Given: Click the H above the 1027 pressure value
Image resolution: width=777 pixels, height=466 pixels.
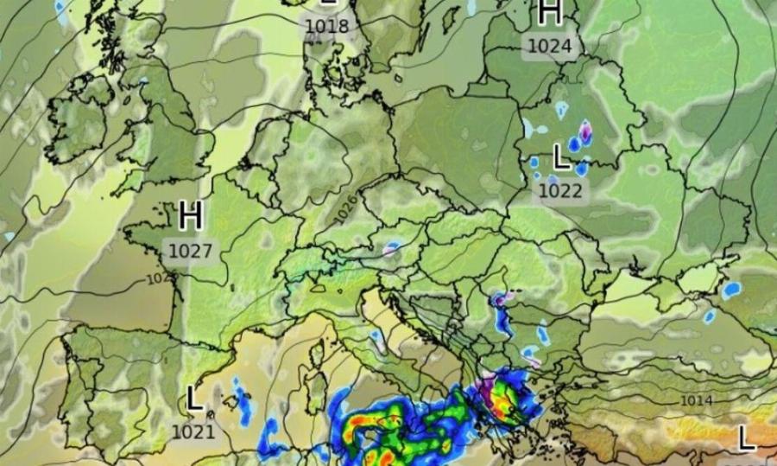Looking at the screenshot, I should (x=191, y=216).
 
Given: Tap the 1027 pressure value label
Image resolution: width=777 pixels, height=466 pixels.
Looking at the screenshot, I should (x=190, y=251).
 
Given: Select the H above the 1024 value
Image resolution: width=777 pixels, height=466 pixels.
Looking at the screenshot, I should (x=550, y=13).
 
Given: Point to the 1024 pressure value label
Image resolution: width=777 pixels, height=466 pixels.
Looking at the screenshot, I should (x=549, y=46).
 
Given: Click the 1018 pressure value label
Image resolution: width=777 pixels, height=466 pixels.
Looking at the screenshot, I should (x=326, y=26).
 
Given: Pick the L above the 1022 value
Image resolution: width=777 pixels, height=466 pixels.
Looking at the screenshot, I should (x=560, y=157).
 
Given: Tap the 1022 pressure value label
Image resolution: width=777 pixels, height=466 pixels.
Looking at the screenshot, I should (x=559, y=190).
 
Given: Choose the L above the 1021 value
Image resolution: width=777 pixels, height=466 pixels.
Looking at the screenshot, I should (x=193, y=399).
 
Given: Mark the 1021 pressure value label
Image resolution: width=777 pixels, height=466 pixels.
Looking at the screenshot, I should (x=193, y=430).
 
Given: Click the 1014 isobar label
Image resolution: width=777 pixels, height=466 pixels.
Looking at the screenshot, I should (x=696, y=400).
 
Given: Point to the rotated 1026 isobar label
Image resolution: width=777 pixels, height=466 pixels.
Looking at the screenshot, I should (x=347, y=206).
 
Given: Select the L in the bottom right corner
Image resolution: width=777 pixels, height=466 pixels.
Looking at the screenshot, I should (x=747, y=437).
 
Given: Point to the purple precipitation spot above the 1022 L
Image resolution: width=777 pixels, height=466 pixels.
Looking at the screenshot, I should (x=586, y=131).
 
